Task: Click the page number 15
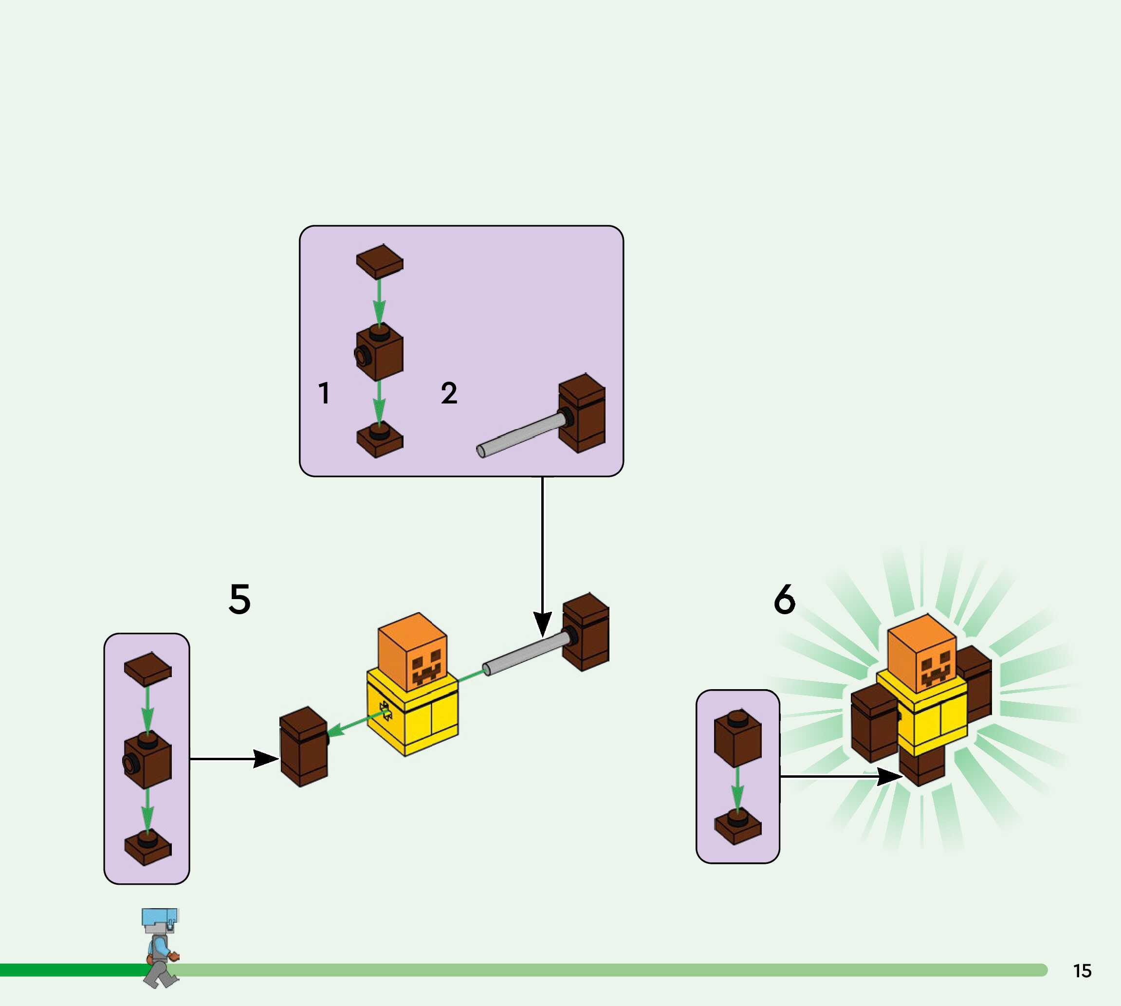pos(1083,970)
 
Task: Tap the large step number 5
pos(239,599)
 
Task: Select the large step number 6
pos(784,599)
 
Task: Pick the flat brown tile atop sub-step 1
pos(380,261)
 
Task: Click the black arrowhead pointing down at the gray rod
pos(542,624)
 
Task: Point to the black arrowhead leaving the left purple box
pos(266,759)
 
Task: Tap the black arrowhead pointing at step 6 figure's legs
pos(890,777)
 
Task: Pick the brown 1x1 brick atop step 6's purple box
pos(738,738)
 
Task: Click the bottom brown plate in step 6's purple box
pos(738,827)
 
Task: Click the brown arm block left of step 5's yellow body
pos(304,746)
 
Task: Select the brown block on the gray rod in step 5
pos(586,632)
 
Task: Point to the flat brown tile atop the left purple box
pos(147,669)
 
